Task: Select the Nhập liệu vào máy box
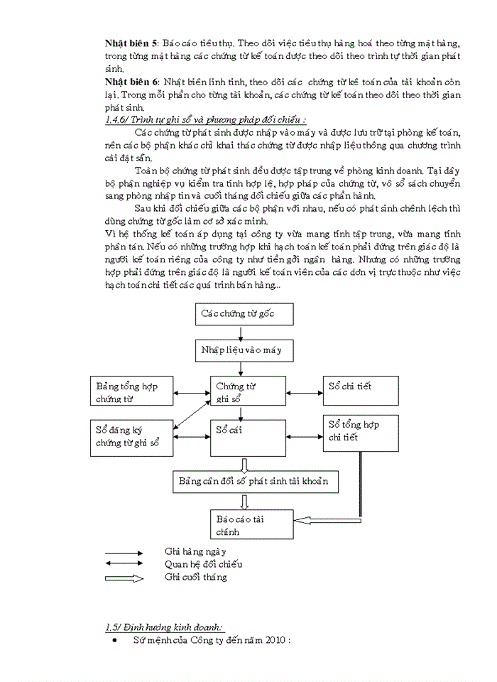coord(241,350)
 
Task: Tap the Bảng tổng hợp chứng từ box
coord(131,393)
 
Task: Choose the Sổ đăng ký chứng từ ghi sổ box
coord(131,436)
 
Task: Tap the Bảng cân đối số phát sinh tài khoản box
coord(255,482)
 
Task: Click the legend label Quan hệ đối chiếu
coord(203,564)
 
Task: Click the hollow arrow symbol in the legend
coord(124,578)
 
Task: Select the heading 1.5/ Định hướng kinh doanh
coord(164,627)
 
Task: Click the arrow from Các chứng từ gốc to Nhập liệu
coord(241,333)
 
